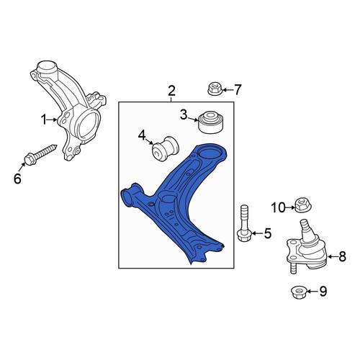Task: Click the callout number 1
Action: click(44, 120)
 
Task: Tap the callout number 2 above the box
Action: click(171, 91)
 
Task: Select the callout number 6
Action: click(17, 179)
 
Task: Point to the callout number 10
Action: click(278, 207)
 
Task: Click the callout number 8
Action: click(342, 256)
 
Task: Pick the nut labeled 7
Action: click(214, 89)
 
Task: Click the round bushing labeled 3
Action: click(210, 122)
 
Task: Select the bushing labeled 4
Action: click(166, 149)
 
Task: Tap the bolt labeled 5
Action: click(244, 223)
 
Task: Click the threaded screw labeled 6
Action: click(40, 155)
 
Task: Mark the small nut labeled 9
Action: click(298, 292)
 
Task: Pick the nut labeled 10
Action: click(303, 204)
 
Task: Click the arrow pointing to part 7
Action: click(228, 90)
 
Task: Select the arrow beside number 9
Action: click(312, 292)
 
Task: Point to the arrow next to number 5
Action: click(257, 233)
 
